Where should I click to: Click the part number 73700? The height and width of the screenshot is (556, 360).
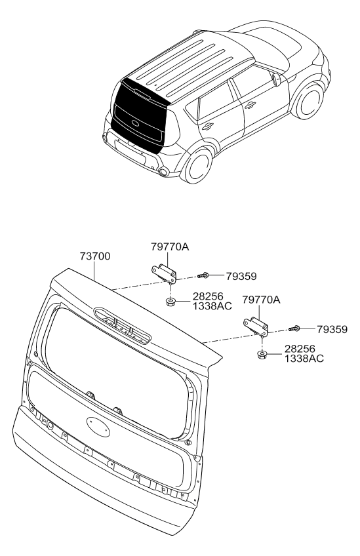[94, 256]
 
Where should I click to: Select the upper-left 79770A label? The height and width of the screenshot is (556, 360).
[170, 247]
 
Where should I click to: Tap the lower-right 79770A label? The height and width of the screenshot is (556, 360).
[261, 300]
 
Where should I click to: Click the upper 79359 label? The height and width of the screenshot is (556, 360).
[241, 276]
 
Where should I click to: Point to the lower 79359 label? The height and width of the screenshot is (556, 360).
[332, 329]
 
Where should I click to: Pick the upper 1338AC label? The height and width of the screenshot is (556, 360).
[212, 306]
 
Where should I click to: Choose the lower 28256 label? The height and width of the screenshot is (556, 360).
[300, 349]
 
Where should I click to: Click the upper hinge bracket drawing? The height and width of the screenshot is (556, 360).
[164, 273]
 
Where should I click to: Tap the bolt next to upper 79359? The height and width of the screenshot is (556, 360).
[203, 275]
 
